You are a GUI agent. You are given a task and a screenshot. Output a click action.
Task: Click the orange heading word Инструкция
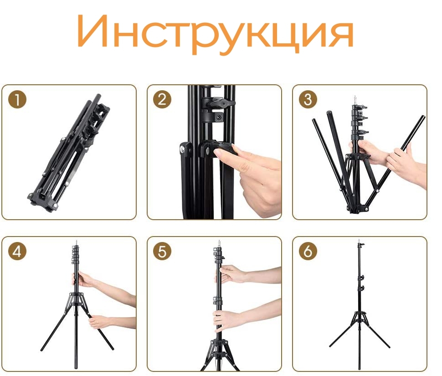[215, 33]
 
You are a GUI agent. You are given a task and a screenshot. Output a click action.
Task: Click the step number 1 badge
[17, 99]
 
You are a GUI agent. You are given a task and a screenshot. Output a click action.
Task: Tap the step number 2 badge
[162, 99]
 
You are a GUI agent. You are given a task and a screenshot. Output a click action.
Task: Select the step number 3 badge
[308, 99]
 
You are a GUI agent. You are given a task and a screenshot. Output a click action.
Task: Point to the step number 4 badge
[17, 251]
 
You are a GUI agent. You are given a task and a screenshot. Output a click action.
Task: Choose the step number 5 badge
[162, 251]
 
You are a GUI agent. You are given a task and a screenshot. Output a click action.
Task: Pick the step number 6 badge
[308, 251]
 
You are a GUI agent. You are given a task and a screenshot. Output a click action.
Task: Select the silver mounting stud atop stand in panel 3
[355, 100]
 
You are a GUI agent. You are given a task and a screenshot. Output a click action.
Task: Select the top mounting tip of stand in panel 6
[359, 242]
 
